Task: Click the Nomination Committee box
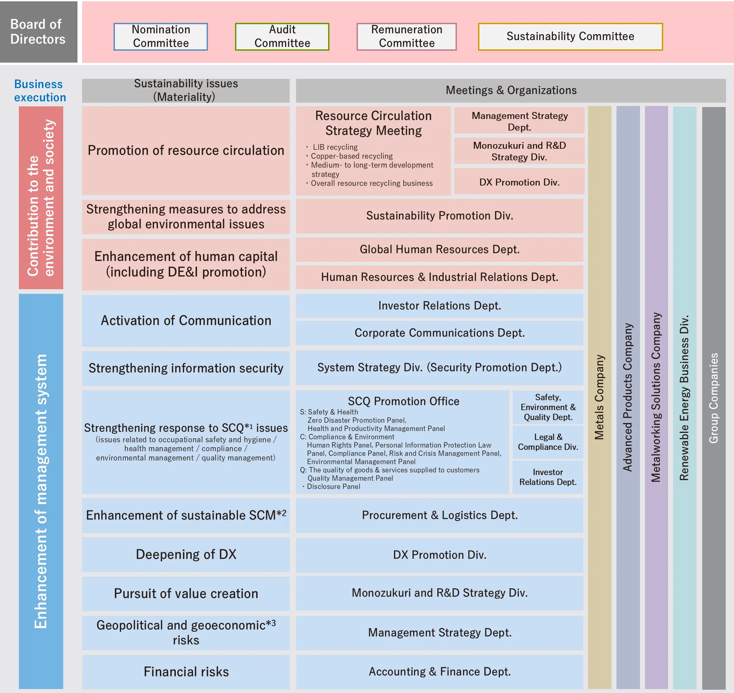[161, 36]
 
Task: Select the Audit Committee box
[282, 36]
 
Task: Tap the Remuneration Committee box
[407, 36]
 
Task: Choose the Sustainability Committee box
[570, 36]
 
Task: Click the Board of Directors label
[38, 32]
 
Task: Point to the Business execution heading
[40, 90]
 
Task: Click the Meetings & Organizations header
[511, 90]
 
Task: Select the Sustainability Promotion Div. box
[439, 216]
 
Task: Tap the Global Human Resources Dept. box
[439, 249]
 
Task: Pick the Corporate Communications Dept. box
[439, 333]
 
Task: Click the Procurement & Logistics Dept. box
[439, 515]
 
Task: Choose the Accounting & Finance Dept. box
[439, 671]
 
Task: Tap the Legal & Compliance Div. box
[548, 442]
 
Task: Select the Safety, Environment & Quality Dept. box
[548, 407]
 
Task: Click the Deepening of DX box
[186, 555]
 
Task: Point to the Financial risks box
[186, 671]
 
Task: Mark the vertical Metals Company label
[599, 397]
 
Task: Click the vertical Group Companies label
[713, 398]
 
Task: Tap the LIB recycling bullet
[334, 147]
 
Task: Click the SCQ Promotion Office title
[403, 401]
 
